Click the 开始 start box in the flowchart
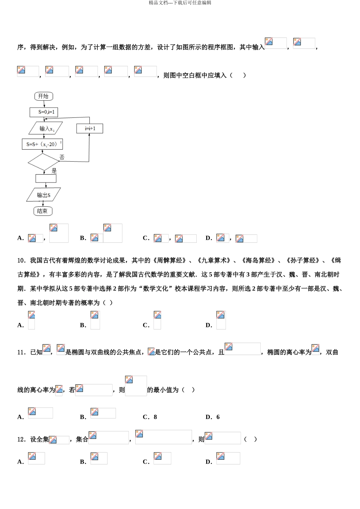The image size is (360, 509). coord(43,96)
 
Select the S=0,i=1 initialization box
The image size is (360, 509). coord(44,112)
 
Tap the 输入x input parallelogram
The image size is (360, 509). coord(46,128)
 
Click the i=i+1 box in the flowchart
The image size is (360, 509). coord(90,128)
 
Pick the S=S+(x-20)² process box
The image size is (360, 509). coord(42,144)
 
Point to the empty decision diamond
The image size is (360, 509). coord(44,162)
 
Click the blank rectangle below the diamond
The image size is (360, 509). coord(46,178)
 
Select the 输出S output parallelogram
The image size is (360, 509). coord(44,195)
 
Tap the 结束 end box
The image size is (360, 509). coord(43,211)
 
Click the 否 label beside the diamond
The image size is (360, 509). coord(62,157)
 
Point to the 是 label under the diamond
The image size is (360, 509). coord(54,171)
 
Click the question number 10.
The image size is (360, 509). coord(21,261)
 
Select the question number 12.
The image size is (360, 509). coord(21,439)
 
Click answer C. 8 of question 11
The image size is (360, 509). coord(150,417)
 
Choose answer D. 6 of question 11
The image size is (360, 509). coord(213,417)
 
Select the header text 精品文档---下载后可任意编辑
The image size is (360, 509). coord(180,3)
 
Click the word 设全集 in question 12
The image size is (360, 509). coord(39,439)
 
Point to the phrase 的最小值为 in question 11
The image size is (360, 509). coord(163,390)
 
